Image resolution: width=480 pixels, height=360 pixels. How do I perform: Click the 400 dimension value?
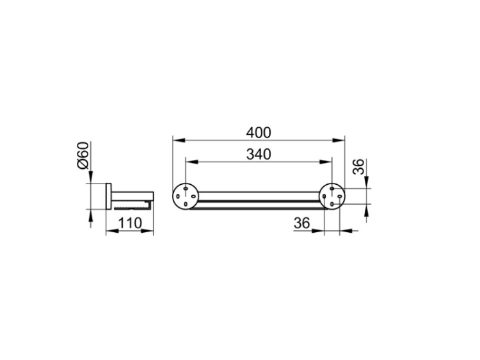point(259,133)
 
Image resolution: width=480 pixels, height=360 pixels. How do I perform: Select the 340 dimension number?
point(259,154)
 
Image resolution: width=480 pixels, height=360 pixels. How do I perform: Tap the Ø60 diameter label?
point(83,155)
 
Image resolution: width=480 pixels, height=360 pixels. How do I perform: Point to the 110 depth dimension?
point(130,223)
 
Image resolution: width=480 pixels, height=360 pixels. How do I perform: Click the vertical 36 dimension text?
point(359,166)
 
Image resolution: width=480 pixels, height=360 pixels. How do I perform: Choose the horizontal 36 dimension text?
point(302,223)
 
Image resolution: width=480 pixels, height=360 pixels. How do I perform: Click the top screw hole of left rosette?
point(186,189)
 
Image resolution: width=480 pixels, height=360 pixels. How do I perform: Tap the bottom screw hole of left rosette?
point(186,204)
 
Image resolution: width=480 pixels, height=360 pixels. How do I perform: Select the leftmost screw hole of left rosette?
point(178,196)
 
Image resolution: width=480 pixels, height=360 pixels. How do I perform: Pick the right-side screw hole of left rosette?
point(193,196)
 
